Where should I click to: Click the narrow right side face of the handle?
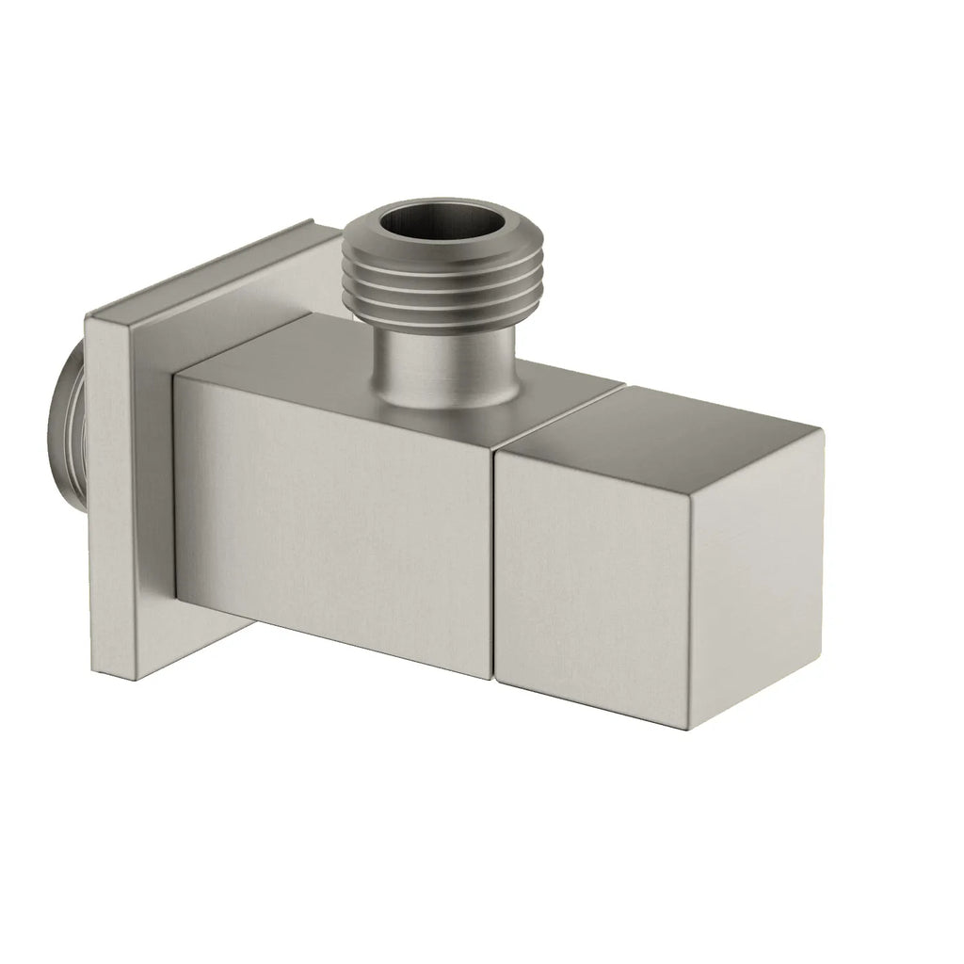tap(758, 574)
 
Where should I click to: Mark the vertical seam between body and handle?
tap(492, 565)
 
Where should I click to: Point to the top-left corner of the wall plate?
tap(88, 315)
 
